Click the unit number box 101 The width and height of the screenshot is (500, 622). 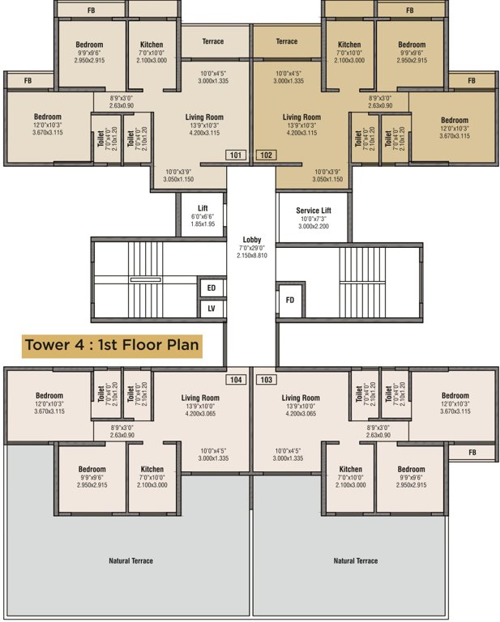click(x=235, y=155)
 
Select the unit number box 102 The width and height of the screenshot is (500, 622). click(x=266, y=155)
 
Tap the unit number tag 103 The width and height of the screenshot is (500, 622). click(x=266, y=379)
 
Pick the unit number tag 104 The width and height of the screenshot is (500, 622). click(x=235, y=379)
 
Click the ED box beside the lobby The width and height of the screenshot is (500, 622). click(x=212, y=288)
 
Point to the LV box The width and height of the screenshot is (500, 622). click(x=212, y=309)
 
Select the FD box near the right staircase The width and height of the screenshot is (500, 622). click(x=290, y=300)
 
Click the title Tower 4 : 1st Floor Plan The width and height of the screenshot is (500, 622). click(x=112, y=344)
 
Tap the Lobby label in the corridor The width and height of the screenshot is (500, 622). click(x=250, y=240)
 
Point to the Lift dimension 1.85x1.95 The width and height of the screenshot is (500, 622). click(x=203, y=224)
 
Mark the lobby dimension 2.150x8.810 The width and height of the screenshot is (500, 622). click(x=250, y=255)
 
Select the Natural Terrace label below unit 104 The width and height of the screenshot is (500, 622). click(x=130, y=560)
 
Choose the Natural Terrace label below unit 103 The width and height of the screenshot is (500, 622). click(x=356, y=560)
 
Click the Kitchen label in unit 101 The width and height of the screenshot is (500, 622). click(x=152, y=45)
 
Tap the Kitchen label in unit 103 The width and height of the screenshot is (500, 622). click(x=350, y=469)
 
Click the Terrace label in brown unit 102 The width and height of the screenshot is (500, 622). click(x=287, y=41)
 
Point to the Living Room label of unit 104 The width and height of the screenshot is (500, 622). click(x=200, y=398)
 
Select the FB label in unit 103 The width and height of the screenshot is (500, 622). click(x=472, y=451)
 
